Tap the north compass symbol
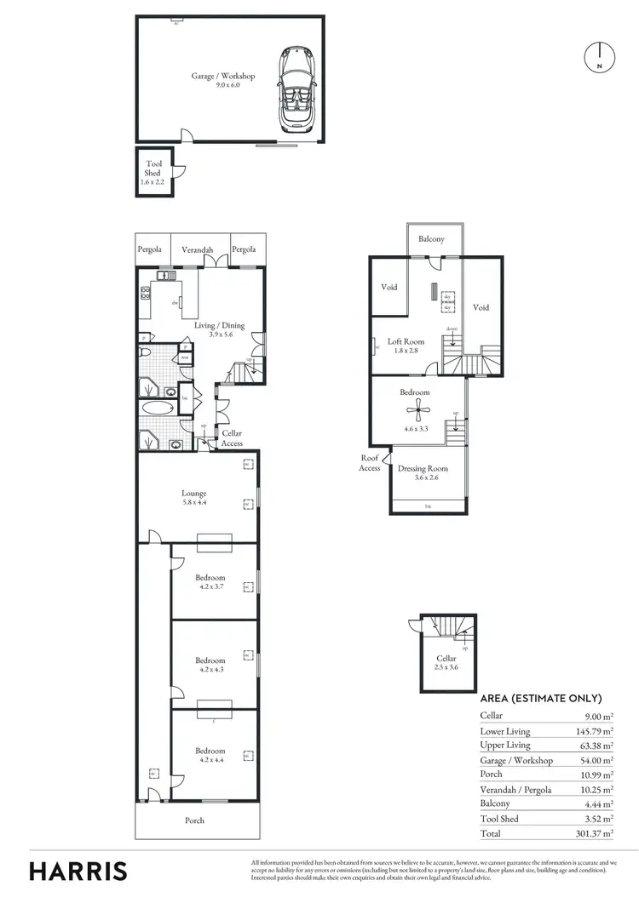point(600,57)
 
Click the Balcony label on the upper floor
point(431,239)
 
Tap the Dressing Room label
point(423,473)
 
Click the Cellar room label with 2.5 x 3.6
point(446,663)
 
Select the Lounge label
point(194,497)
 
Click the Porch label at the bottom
point(195,820)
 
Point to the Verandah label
point(198,249)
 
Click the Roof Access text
point(370,462)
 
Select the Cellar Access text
point(232,438)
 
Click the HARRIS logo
point(78,871)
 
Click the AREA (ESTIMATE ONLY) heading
point(541,698)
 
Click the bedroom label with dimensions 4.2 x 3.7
point(210,582)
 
